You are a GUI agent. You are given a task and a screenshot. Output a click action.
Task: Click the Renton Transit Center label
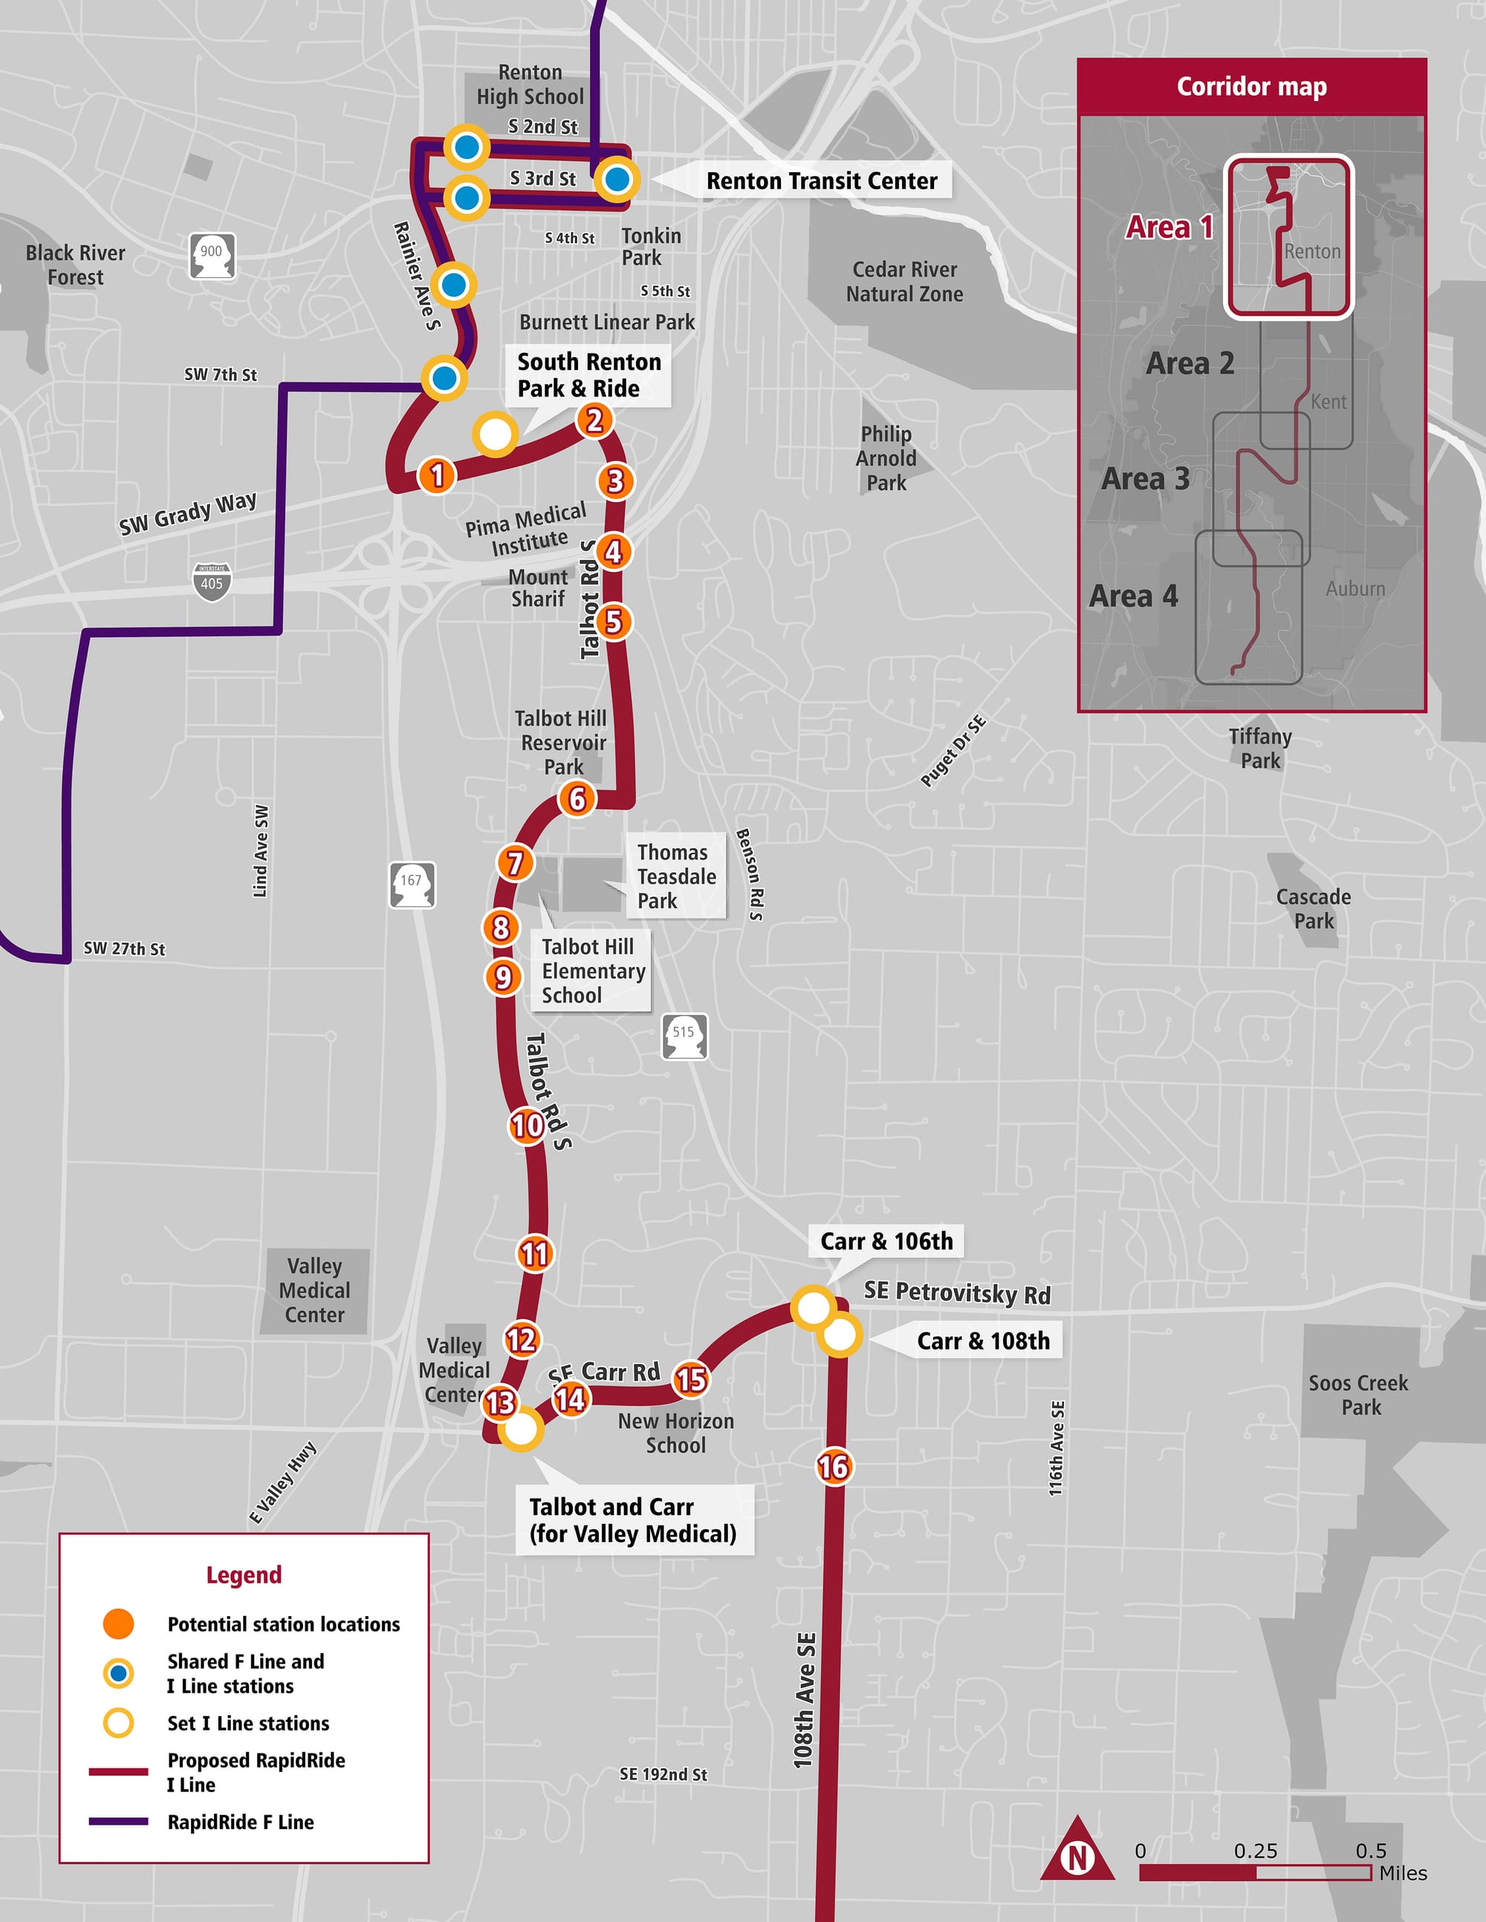point(821,181)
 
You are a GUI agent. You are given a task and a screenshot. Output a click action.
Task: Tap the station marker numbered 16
point(833,1466)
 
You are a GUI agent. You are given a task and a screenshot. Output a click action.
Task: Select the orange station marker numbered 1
point(437,475)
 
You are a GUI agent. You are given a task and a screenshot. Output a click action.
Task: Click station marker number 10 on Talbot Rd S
point(528,1124)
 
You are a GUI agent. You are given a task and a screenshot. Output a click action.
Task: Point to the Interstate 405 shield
point(211,582)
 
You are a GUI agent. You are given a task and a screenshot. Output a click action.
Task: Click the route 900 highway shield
point(212,255)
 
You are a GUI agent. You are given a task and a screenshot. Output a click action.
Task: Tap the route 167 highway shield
point(412,884)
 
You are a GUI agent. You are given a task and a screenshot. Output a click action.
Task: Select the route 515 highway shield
point(684,1036)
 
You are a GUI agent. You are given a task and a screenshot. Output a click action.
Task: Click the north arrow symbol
point(1077,1857)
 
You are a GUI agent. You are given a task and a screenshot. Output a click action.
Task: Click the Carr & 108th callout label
point(982,1341)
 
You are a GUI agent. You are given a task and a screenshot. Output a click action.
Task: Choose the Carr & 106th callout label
point(886,1241)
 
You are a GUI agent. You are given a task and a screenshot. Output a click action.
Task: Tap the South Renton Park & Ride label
point(588,376)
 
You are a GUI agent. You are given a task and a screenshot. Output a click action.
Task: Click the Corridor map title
point(1251,86)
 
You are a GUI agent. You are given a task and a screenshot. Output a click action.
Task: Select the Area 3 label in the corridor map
point(1144,479)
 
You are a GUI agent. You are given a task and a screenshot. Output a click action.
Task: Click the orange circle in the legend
point(118,1623)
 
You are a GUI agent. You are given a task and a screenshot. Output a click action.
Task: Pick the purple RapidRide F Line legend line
point(118,1822)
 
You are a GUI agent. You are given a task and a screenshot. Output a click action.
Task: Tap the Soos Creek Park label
point(1358,1395)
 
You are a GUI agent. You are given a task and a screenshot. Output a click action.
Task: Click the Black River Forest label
point(75,265)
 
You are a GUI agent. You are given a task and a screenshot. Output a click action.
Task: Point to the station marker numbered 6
point(577,798)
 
